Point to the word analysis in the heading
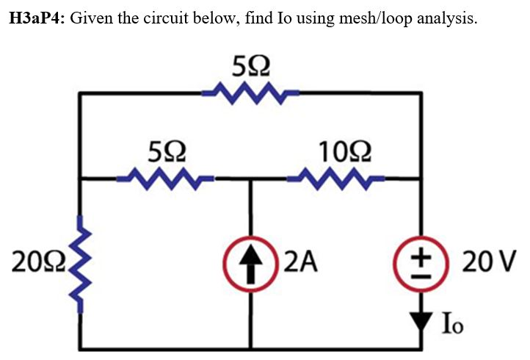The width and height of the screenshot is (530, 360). (x=446, y=19)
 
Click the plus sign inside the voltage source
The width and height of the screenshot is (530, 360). (x=421, y=253)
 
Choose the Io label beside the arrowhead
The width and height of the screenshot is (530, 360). (x=454, y=323)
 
